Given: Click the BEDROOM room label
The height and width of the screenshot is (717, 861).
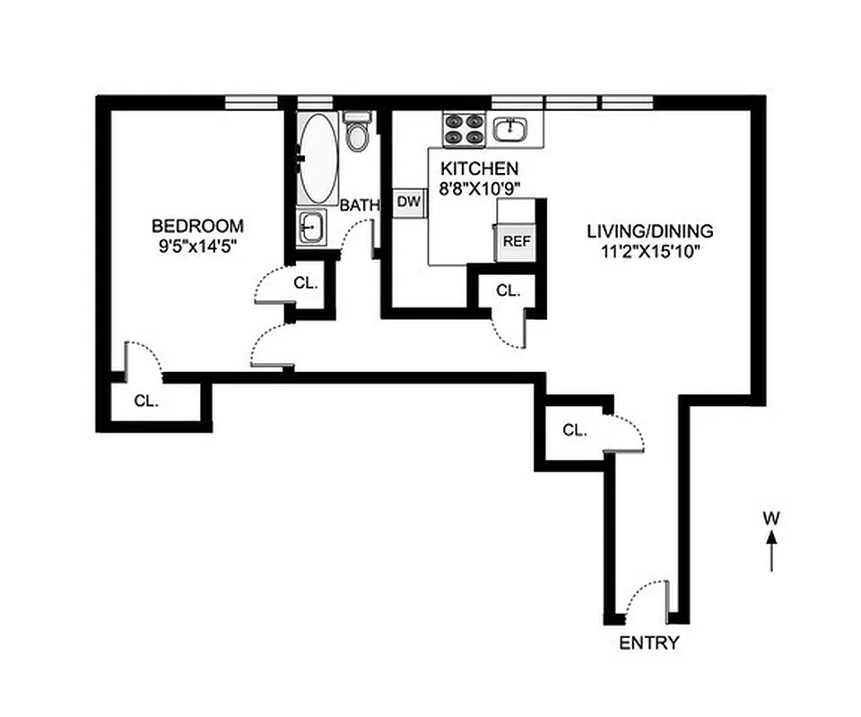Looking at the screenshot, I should [x=197, y=226].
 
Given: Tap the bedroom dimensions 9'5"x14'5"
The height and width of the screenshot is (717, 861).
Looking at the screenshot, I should [x=197, y=244].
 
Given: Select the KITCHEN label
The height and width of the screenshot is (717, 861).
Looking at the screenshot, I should [x=478, y=168].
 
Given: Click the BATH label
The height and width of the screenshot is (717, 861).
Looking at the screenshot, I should [x=360, y=205].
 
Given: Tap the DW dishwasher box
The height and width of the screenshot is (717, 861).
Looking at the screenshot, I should [x=409, y=203].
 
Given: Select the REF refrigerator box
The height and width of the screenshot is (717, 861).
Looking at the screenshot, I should [x=517, y=241].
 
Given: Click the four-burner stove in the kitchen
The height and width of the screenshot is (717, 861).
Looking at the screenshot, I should [x=464, y=128].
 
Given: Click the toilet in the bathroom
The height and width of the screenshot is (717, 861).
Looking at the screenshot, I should [x=358, y=133].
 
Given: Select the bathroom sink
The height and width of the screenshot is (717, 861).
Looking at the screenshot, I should [x=312, y=227].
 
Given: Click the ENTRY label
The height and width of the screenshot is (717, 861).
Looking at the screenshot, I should [x=649, y=644].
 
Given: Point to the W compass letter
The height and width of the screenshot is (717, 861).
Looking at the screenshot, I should [x=770, y=517].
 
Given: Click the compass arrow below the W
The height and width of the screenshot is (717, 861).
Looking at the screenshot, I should [x=770, y=550].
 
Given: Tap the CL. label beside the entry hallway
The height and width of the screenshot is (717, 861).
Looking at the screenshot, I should [x=574, y=430].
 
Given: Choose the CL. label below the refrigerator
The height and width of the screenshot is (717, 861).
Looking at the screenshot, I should [x=509, y=290].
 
